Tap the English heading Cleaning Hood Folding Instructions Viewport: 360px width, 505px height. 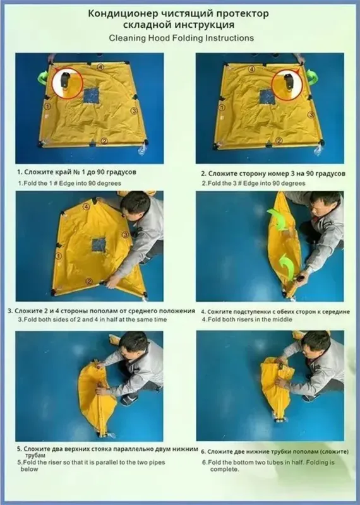[181, 38]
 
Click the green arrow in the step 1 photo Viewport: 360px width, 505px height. [43, 78]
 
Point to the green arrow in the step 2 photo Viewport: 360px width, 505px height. [311, 77]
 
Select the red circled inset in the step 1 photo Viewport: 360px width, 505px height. [68, 82]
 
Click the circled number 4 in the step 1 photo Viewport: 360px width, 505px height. [100, 67]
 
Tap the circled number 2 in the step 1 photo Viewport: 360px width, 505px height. [104, 141]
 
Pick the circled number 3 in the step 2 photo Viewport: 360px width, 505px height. [311, 114]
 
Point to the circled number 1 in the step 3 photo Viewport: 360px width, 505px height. [59, 256]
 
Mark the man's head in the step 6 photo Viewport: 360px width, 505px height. [317, 344]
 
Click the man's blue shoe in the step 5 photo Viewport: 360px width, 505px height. [129, 400]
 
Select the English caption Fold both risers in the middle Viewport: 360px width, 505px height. [247, 319]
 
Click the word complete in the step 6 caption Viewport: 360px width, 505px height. [224, 469]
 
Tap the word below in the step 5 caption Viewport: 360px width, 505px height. [29, 469]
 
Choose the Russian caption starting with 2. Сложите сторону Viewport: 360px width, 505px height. [273, 174]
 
